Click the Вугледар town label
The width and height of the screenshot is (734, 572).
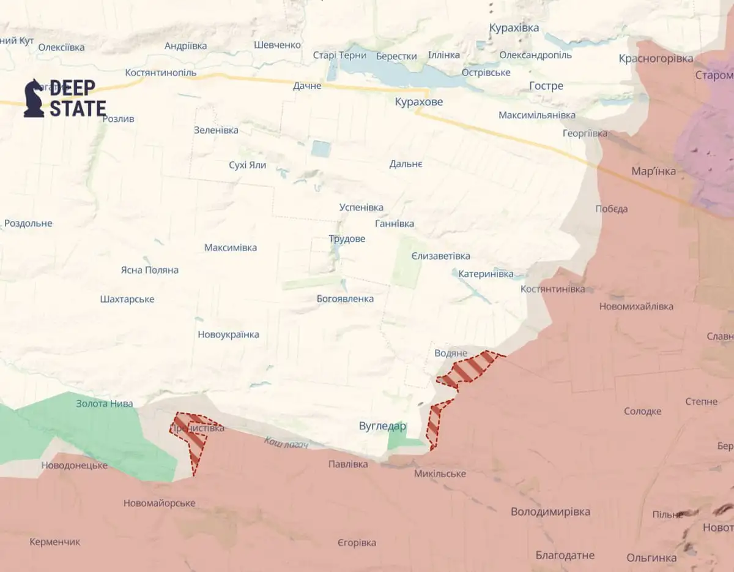382,426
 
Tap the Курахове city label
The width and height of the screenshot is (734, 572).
418,102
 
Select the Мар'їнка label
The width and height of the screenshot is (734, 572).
654,171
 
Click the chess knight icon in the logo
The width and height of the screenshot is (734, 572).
34,99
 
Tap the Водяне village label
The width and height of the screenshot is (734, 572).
450,353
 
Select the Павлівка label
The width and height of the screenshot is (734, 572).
348,464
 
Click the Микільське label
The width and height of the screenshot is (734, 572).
440,473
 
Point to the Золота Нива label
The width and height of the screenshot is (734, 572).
104,403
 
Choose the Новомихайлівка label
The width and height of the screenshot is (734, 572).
636,306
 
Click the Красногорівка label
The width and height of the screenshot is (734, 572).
656,59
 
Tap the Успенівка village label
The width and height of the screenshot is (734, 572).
361,208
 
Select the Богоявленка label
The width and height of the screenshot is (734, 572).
345,299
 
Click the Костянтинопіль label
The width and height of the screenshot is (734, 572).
161,72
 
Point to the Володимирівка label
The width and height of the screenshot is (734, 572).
550,511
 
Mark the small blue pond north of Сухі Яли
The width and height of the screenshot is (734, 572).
321,148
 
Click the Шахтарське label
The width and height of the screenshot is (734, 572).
127,299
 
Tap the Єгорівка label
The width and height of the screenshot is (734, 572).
357,543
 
